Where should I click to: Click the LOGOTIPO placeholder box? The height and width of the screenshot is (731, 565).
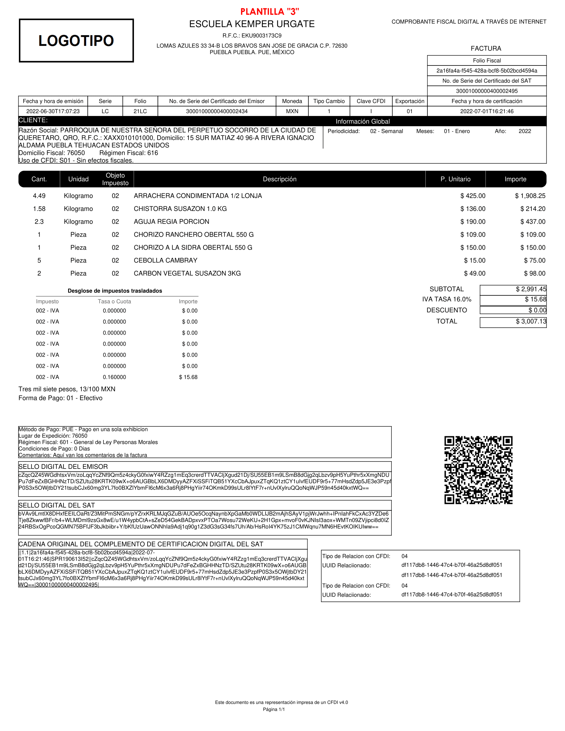click(76, 41)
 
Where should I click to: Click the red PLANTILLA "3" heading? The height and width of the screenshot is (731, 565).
click(270, 12)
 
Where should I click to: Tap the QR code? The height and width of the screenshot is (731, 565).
click(478, 470)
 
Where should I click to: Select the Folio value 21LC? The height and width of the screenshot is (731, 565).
click(140, 111)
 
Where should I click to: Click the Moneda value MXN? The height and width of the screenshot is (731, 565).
click(292, 111)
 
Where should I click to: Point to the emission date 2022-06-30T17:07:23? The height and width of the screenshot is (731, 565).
click(53, 111)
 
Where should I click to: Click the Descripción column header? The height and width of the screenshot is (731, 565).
click(280, 179)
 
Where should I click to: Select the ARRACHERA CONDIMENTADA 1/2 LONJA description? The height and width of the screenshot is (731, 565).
click(198, 196)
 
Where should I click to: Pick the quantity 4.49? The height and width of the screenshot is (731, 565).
click(39, 196)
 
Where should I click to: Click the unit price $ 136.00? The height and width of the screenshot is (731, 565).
click(473, 209)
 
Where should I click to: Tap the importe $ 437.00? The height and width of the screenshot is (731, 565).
click(532, 222)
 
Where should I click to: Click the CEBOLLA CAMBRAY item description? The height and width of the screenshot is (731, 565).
click(166, 261)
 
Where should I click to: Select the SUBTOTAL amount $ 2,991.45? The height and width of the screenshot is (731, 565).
click(530, 289)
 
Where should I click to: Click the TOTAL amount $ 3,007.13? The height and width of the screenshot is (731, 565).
click(530, 322)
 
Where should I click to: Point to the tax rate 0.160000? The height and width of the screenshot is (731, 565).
click(114, 377)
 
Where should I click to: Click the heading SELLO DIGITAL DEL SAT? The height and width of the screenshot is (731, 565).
click(56, 505)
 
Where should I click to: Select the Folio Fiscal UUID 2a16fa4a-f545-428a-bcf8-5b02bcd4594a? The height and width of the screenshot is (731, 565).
click(487, 71)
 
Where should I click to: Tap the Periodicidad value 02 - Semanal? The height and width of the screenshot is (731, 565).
click(386, 131)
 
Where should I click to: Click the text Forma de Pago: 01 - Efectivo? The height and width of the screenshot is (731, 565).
click(60, 398)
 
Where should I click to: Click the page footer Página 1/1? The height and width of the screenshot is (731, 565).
click(274, 709)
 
